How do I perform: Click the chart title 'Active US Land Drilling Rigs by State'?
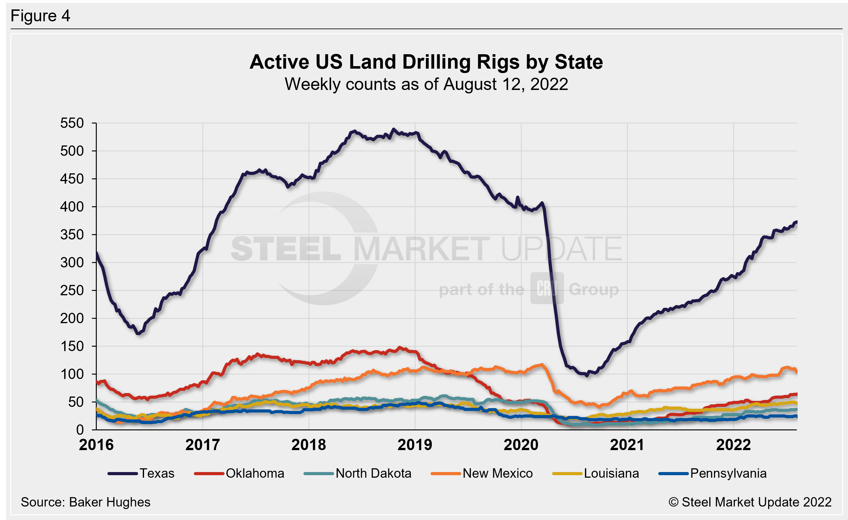[x=426, y=62]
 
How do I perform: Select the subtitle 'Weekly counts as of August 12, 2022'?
[x=426, y=84]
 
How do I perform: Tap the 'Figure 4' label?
[x=40, y=16]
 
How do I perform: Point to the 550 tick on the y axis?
[x=72, y=123]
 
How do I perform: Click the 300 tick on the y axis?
[x=72, y=263]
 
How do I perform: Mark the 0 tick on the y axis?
[x=80, y=430]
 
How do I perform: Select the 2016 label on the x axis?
[x=96, y=445]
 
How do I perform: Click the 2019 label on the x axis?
[x=415, y=445]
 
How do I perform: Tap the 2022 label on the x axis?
[x=733, y=445]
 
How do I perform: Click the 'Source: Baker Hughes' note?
[x=85, y=502]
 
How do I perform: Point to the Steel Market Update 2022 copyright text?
[x=750, y=502]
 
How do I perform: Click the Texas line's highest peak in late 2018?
[x=394, y=129]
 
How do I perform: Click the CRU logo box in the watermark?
[x=547, y=288]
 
